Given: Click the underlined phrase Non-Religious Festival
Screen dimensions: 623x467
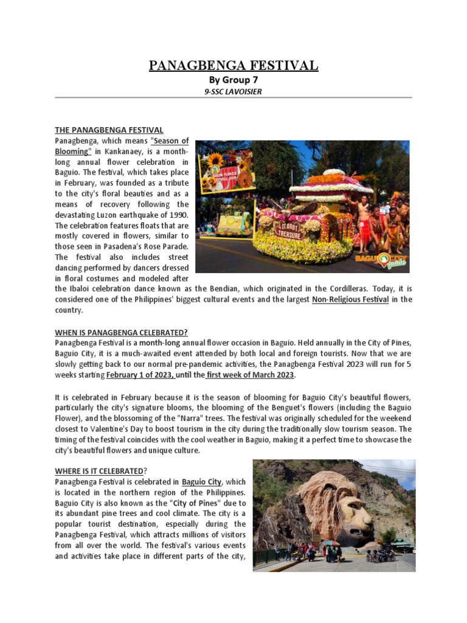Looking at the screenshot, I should tap(350, 299).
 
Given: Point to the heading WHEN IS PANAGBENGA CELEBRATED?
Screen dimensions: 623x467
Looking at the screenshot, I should tap(122, 332).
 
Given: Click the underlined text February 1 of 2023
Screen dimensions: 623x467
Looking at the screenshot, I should tap(140, 374).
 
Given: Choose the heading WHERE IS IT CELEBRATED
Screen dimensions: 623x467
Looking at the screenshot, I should tap(100, 472).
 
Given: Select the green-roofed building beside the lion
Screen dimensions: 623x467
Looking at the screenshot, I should tap(402, 541).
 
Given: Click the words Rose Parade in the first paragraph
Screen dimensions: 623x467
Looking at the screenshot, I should tap(165, 247).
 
